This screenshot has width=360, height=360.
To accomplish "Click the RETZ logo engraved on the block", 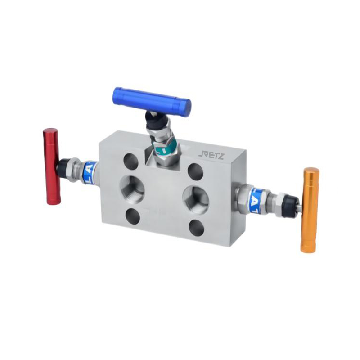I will (213, 156).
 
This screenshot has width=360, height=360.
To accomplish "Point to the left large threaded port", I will (132, 189).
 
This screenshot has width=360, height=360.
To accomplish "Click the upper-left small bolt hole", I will (131, 161).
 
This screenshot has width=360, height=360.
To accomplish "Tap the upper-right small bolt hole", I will (195, 171).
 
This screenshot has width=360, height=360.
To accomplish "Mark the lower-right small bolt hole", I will (196, 228).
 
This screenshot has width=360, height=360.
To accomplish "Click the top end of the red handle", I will (50, 132).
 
